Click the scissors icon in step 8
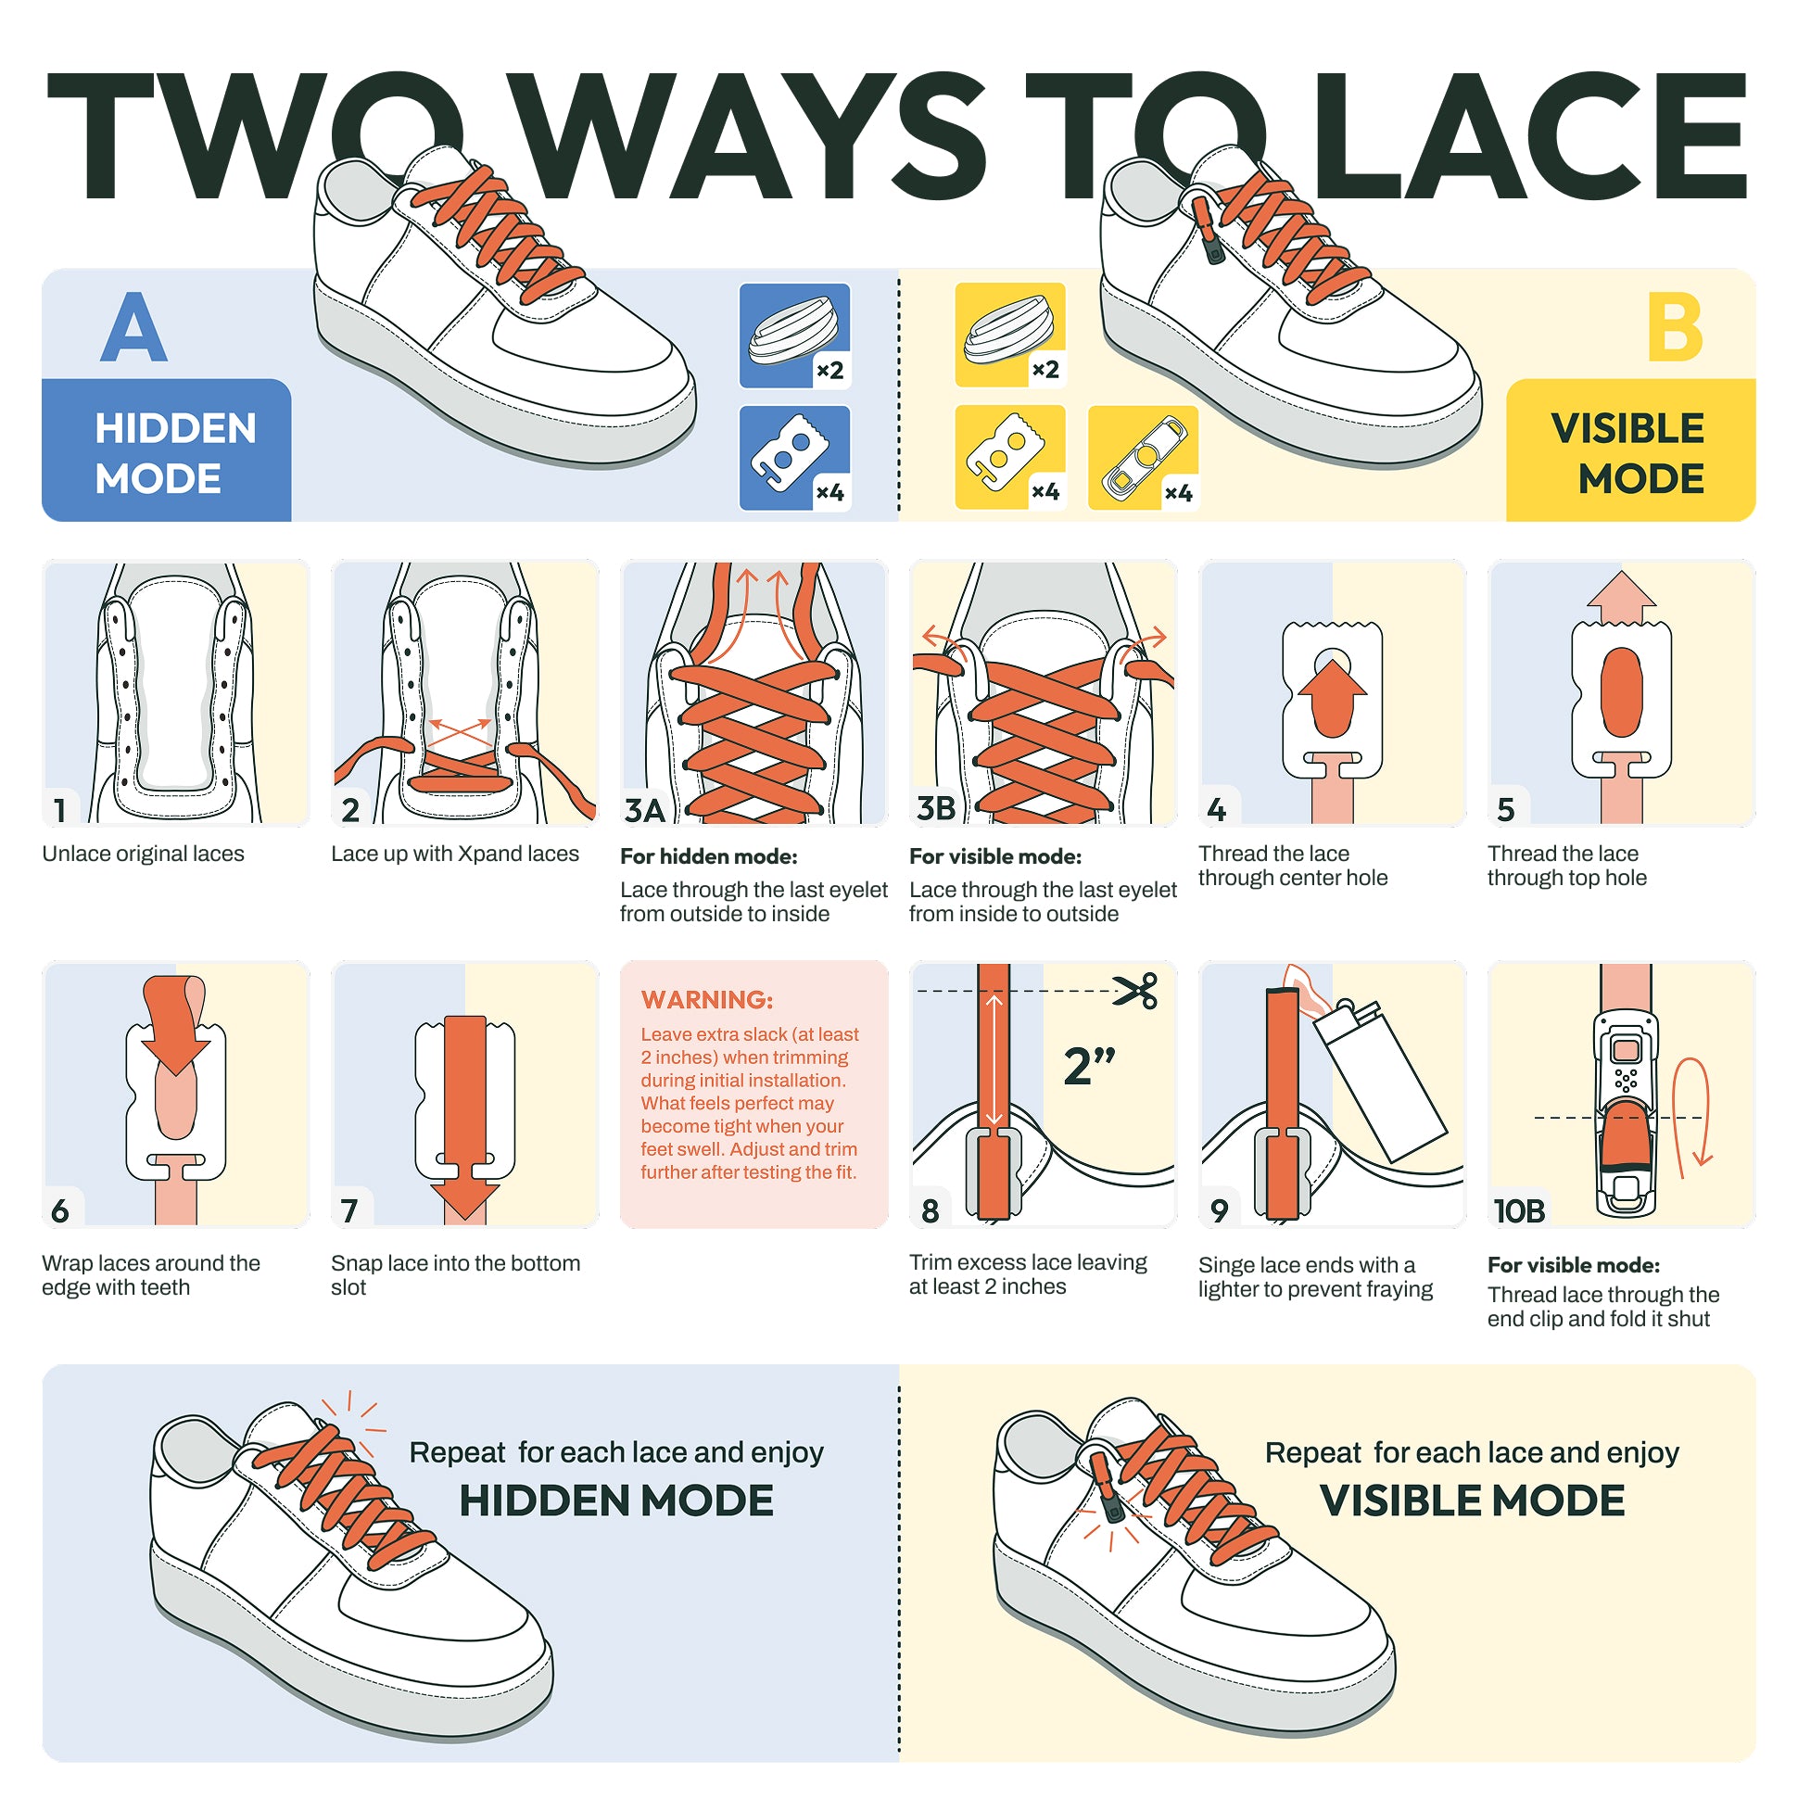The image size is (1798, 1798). [x=1136, y=990]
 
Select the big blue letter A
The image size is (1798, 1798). [x=134, y=326]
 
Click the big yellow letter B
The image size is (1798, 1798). [x=1674, y=326]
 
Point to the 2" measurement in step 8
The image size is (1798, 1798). [x=1090, y=1066]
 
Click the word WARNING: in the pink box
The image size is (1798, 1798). [x=707, y=999]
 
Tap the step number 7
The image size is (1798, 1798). [x=349, y=1210]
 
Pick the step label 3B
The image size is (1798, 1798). [x=936, y=808]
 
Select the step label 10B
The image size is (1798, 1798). [x=1519, y=1210]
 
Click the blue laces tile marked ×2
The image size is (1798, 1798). [x=795, y=336]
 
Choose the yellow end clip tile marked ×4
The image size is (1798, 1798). [x=1143, y=458]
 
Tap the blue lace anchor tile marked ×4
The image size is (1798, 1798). [x=795, y=458]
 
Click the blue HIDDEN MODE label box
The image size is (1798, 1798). [x=167, y=450]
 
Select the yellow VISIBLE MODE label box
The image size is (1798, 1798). [x=1630, y=450]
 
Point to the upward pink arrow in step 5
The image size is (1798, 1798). [x=1621, y=598]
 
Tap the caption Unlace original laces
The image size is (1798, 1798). [x=144, y=854]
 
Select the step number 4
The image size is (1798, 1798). [x=1216, y=810]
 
